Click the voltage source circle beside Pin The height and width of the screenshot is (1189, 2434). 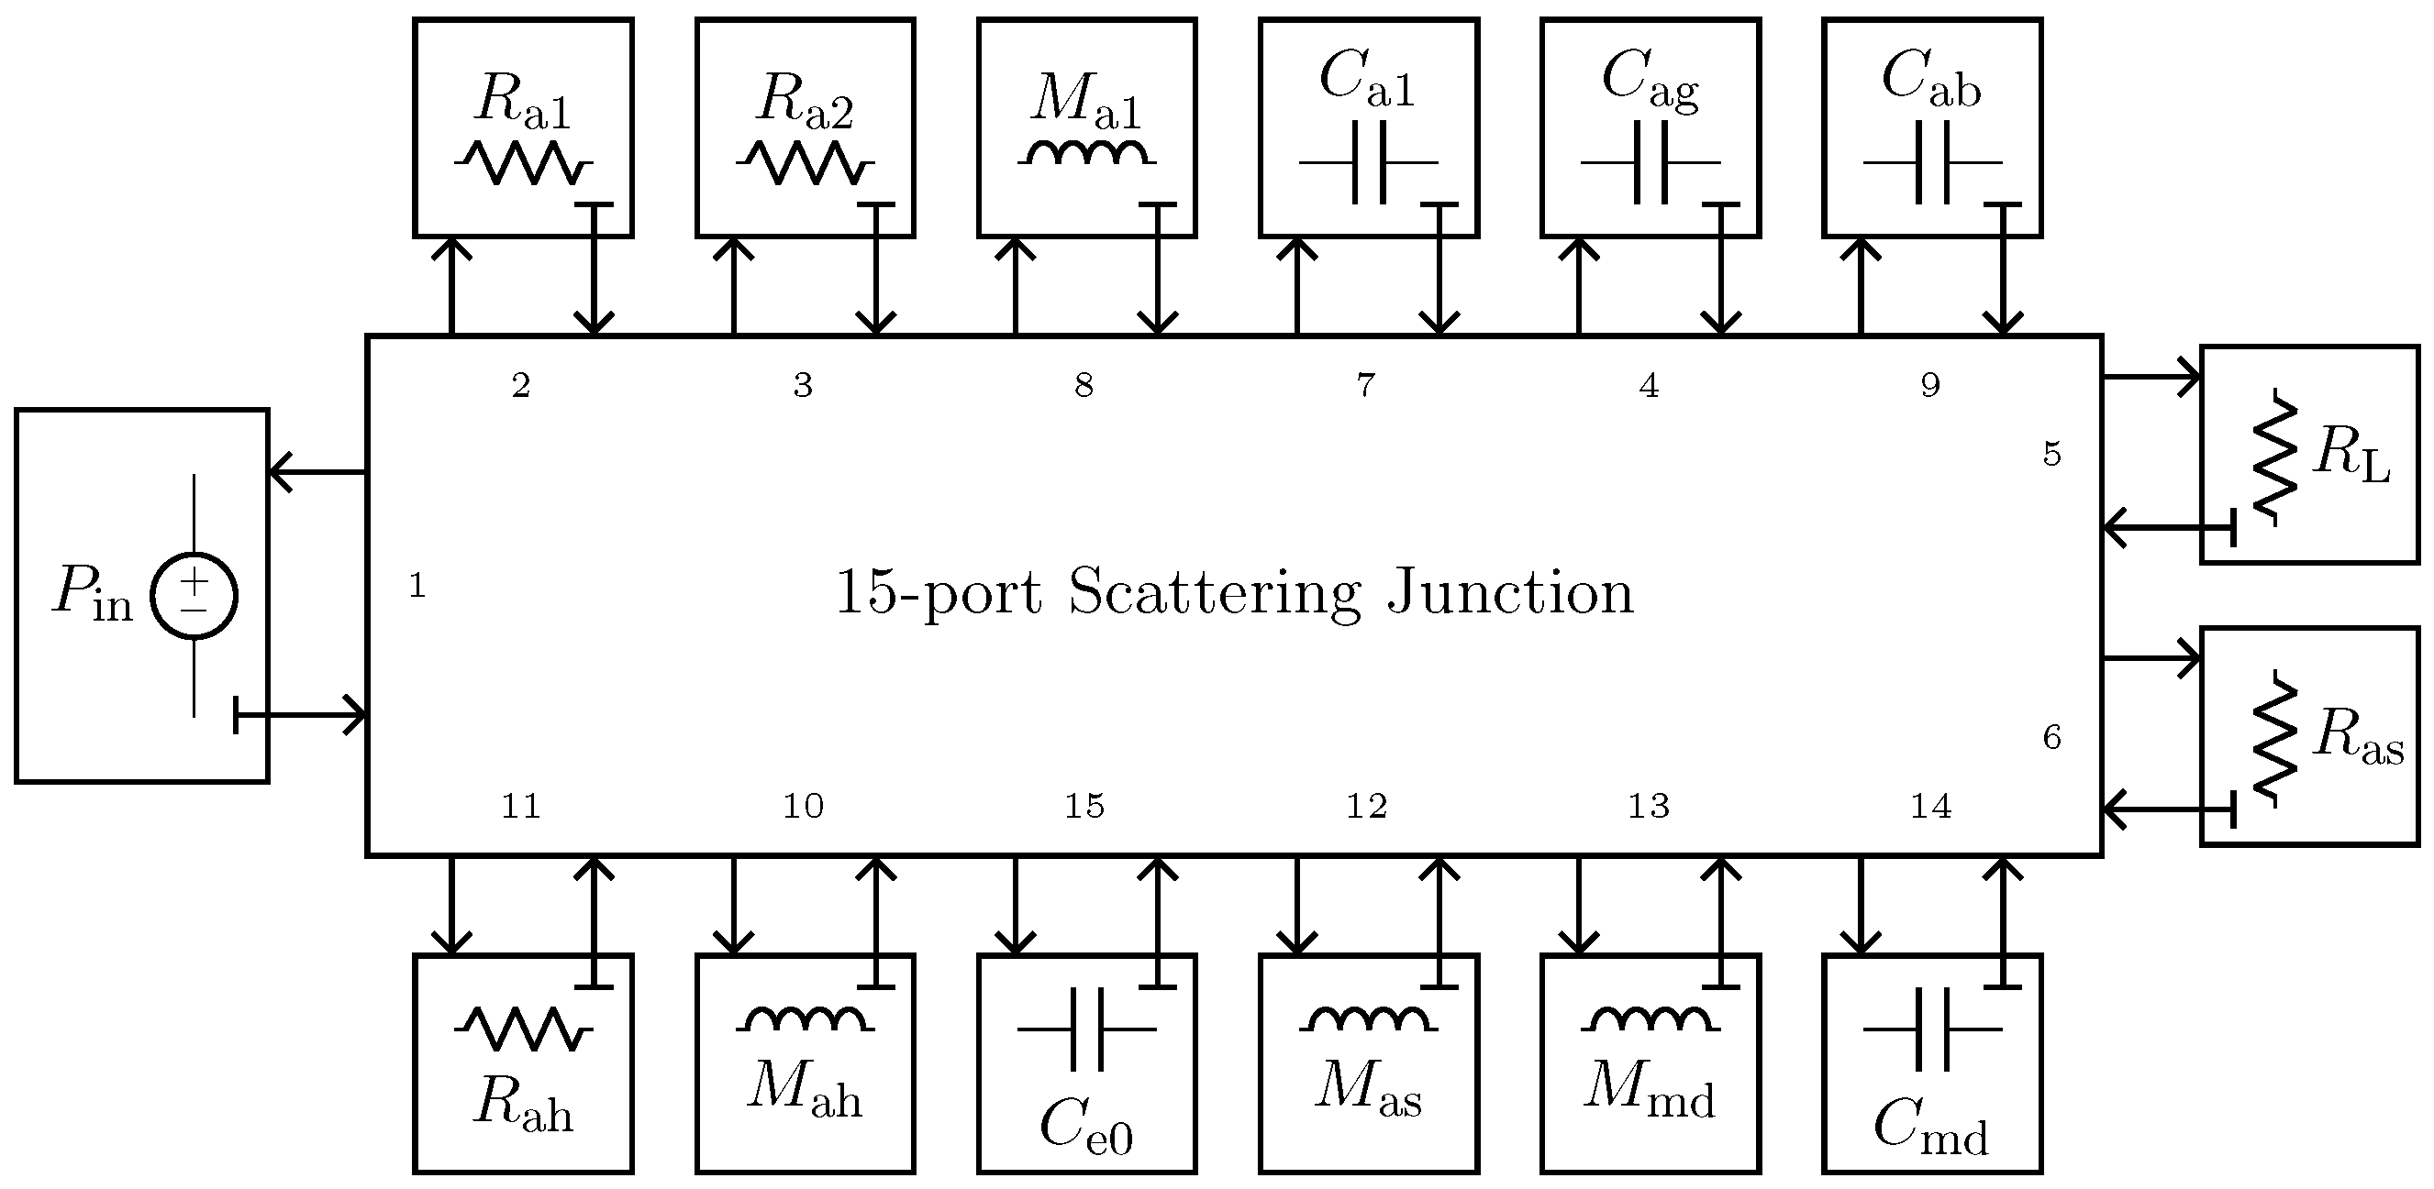click(x=194, y=596)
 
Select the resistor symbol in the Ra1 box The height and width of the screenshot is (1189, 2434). click(x=523, y=162)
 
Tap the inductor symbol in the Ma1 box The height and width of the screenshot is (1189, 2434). click(x=1086, y=153)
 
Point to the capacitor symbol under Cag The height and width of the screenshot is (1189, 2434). click(x=1650, y=162)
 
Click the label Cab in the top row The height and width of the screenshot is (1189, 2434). click(x=1930, y=77)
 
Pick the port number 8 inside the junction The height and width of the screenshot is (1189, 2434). click(x=1084, y=385)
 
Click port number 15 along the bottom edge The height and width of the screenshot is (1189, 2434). click(x=1084, y=806)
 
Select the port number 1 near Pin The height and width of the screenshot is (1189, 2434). click(x=417, y=587)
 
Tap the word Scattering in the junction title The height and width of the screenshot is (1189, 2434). click(x=1214, y=594)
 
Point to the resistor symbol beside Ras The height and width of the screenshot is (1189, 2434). click(x=2275, y=740)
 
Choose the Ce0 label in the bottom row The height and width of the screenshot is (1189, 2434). click(x=1085, y=1127)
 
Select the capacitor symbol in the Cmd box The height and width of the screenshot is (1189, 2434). click(x=1931, y=1029)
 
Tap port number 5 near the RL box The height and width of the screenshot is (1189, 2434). click(x=2051, y=455)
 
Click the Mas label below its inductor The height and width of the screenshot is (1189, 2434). click(x=1368, y=1088)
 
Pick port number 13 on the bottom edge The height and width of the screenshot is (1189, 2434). click(x=1649, y=806)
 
